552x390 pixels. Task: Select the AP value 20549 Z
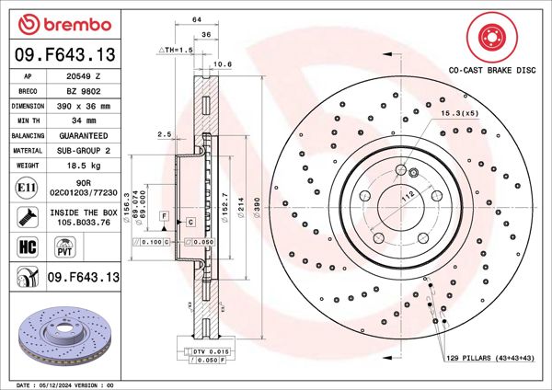point(85,77)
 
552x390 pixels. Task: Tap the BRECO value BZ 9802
point(85,91)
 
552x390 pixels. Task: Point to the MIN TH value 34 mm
point(85,120)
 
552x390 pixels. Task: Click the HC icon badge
point(27,246)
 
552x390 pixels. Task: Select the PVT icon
point(65,246)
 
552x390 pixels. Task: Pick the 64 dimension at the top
point(197,19)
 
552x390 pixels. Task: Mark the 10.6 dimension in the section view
point(221,63)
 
